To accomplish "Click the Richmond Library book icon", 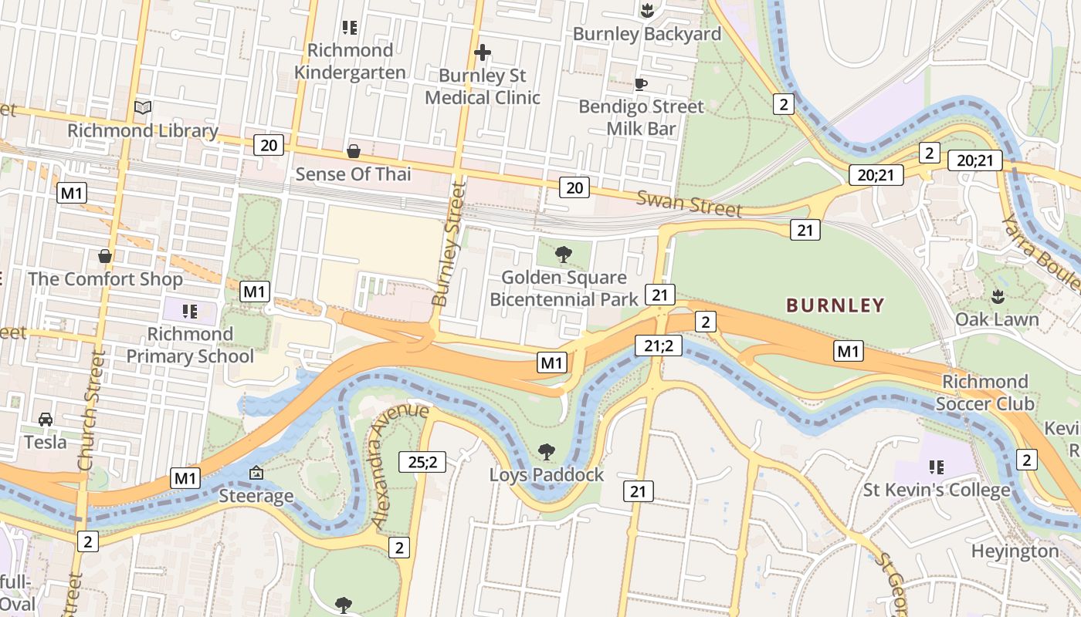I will click(x=143, y=107).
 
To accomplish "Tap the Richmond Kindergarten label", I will click(x=350, y=62).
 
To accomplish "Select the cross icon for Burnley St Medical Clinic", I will click(x=483, y=52).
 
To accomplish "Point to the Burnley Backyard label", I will click(x=647, y=34).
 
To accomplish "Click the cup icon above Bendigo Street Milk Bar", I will click(x=640, y=84).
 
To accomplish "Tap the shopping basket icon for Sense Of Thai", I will click(x=354, y=150).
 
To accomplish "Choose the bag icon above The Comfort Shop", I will click(x=105, y=255).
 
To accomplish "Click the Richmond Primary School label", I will click(x=190, y=345).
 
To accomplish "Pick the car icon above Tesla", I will click(x=46, y=419).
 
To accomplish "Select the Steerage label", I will click(x=256, y=496).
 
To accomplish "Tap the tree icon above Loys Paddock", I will click(x=547, y=451).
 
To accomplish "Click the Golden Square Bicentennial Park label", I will click(x=564, y=288).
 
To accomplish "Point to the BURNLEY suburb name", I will click(x=835, y=305).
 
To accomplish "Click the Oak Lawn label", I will click(x=997, y=319).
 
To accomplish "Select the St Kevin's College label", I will click(x=937, y=490).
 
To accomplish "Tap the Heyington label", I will click(x=1015, y=551).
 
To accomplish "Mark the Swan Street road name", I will click(x=689, y=204).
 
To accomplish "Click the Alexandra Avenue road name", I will click(x=398, y=465).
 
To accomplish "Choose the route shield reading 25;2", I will click(x=422, y=462).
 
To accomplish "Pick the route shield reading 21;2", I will click(x=658, y=346).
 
